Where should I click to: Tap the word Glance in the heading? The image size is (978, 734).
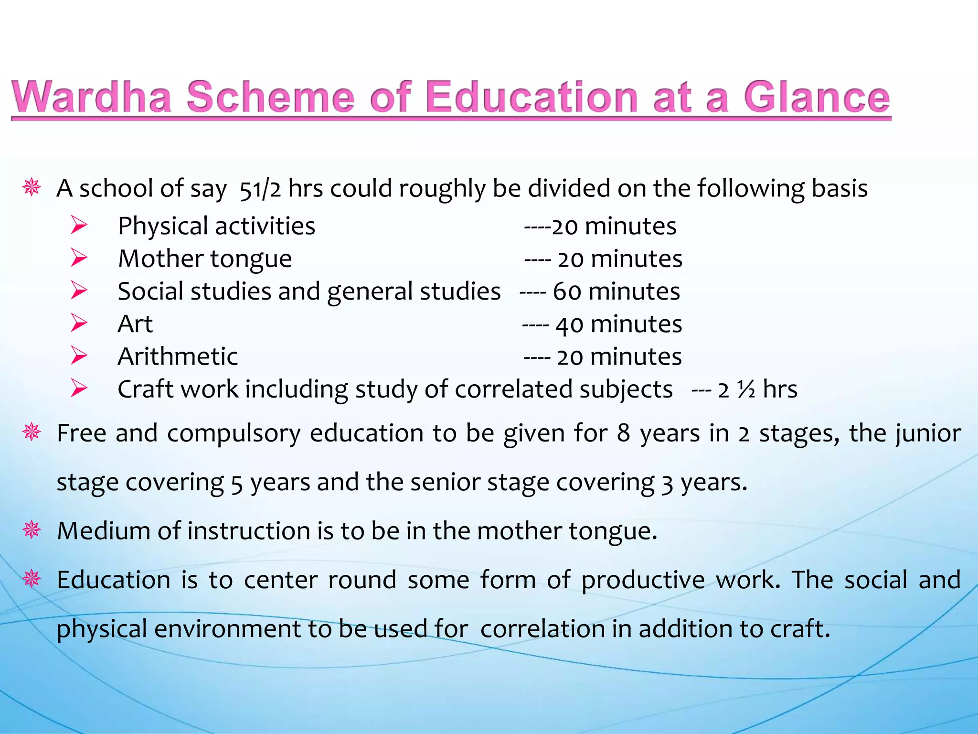pyautogui.click(x=817, y=97)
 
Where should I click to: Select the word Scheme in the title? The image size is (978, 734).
pyautogui.click(x=270, y=97)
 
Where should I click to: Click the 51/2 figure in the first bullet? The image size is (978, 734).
pyautogui.click(x=260, y=189)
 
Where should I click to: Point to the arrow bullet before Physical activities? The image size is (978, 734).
pyautogui.click(x=79, y=225)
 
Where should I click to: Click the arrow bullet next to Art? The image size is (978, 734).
pyautogui.click(x=79, y=324)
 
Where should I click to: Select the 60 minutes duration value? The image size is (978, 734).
pyautogui.click(x=616, y=291)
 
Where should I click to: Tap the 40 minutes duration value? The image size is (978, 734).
pyautogui.click(x=618, y=324)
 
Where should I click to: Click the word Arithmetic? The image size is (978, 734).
pyautogui.click(x=178, y=356)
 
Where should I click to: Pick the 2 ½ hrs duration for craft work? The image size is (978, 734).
pyautogui.click(x=757, y=389)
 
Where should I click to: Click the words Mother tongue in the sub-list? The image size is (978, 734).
pyautogui.click(x=205, y=259)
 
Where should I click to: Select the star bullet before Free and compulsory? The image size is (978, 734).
pyautogui.click(x=32, y=432)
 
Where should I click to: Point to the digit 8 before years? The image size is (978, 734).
pyautogui.click(x=623, y=433)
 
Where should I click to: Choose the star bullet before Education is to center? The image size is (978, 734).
pyautogui.click(x=32, y=579)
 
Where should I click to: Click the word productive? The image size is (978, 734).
pyautogui.click(x=643, y=580)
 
